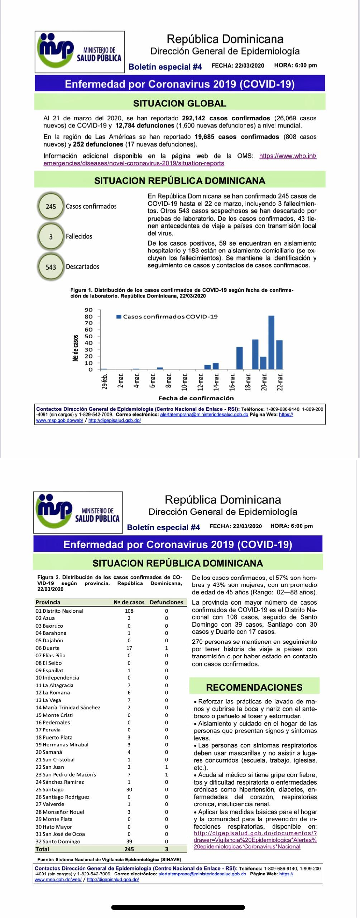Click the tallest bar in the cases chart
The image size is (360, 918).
[271, 342]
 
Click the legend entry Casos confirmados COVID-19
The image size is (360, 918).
[168, 317]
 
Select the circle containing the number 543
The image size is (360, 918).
[51, 267]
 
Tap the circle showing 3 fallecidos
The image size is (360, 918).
[51, 237]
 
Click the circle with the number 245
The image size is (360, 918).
[51, 206]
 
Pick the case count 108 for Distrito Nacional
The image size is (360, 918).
[129, 611]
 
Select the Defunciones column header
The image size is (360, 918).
[166, 602]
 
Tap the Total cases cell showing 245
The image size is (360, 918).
[129, 849]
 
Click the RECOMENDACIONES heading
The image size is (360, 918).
[254, 687]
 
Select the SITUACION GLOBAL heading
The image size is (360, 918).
[180, 103]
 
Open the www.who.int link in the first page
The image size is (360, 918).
[288, 156]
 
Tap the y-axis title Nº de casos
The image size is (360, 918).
[75, 348]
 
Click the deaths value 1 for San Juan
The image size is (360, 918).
[166, 767]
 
